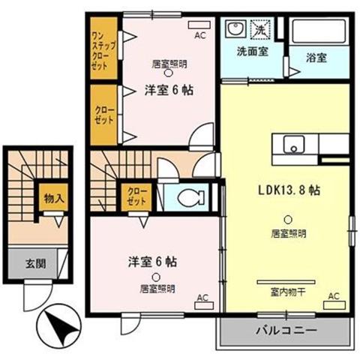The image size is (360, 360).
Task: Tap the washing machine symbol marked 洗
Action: pos(260,30)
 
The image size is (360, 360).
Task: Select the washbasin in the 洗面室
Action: pos(235,28)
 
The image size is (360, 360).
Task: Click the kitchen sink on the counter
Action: pos(294,145)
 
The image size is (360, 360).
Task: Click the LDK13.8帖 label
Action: pos(289,190)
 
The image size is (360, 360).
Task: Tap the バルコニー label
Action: pos(286,331)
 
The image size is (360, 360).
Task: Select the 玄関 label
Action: pos(36,263)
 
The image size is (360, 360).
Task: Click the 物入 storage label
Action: pos(54,199)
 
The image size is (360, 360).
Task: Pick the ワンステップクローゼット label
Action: pos(103,51)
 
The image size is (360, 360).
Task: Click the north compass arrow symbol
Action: pos(58,325)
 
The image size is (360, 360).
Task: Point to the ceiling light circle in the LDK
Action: pos(288,220)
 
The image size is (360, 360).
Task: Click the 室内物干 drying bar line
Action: pos(286,282)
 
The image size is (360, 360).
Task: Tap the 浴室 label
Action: pos(316,58)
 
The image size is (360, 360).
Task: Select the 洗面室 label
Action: pos(253,52)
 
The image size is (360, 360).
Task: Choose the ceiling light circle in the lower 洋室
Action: pos(156,277)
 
